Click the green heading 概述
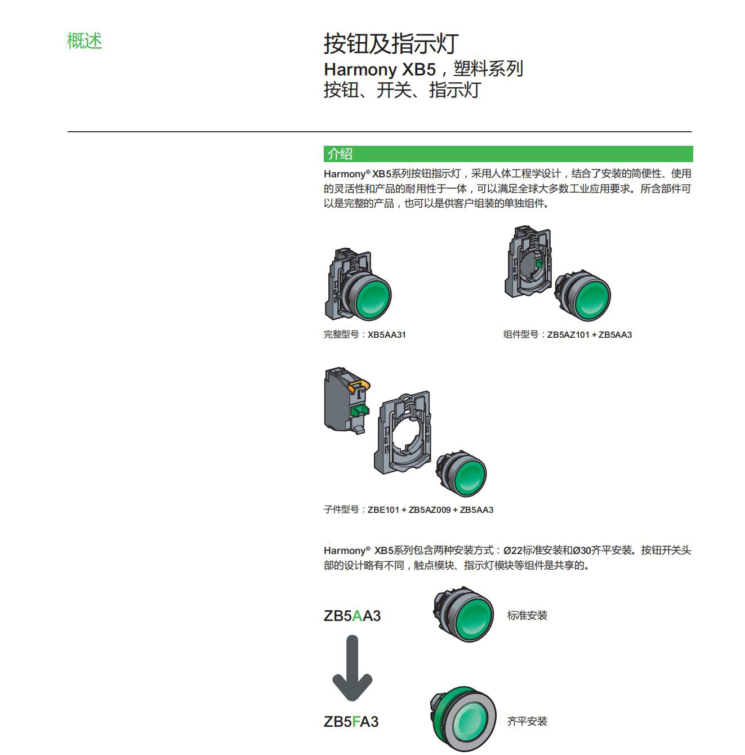coord(84,41)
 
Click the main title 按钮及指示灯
coord(391,43)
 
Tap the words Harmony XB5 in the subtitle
coord(380,70)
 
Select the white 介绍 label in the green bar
coord(340,154)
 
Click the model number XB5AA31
coord(386,334)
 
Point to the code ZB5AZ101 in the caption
coord(568,334)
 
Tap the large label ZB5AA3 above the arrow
coord(352,616)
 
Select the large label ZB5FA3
coord(351,722)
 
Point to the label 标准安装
coord(527,615)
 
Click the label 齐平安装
coord(527,721)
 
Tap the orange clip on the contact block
coord(359,385)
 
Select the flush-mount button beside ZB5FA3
coord(463,719)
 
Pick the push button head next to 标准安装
coord(463,614)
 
